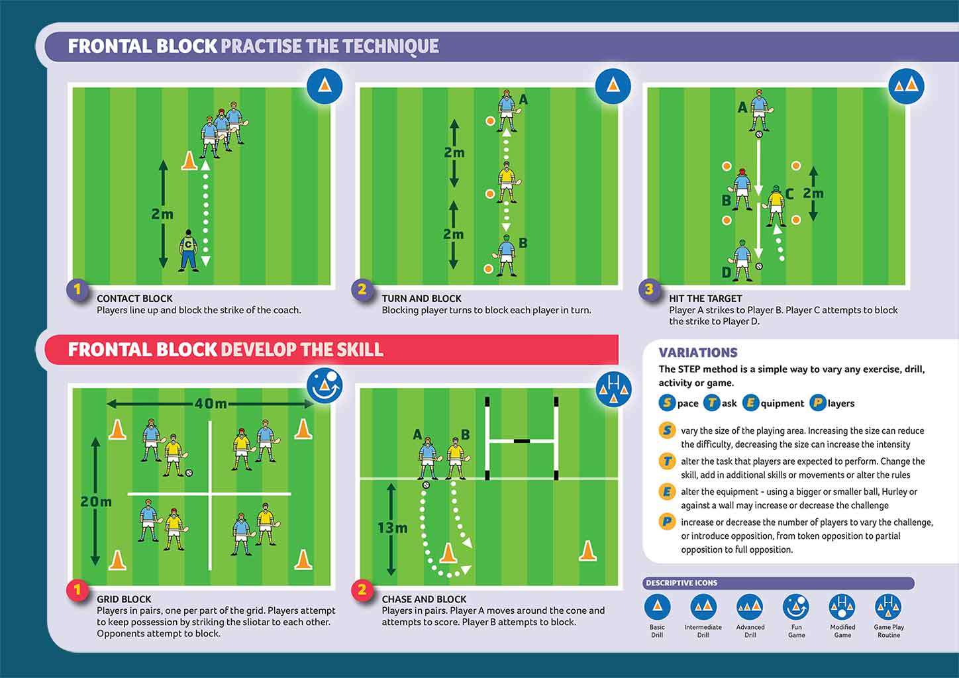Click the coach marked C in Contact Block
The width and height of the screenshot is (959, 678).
(x=189, y=250)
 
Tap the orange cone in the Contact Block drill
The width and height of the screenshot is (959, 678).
(x=189, y=161)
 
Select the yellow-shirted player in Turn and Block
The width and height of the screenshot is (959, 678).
(x=507, y=181)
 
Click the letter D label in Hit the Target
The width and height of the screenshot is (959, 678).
(x=727, y=272)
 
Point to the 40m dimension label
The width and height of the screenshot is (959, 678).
(x=211, y=403)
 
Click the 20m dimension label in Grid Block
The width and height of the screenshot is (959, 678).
(x=96, y=502)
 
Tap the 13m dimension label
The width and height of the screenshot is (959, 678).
(x=392, y=528)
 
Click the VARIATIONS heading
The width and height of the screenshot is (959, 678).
(x=697, y=353)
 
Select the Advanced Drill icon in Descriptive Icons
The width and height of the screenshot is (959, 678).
(x=750, y=606)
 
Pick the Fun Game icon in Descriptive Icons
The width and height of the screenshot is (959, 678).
(x=796, y=606)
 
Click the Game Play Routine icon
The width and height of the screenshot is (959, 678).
(x=888, y=606)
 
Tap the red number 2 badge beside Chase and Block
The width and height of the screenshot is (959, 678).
(x=362, y=590)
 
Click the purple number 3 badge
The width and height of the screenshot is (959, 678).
(x=649, y=289)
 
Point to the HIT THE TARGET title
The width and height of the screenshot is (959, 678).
(x=705, y=299)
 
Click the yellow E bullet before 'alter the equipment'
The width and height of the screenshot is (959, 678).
(x=667, y=492)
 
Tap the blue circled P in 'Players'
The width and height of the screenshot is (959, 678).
(x=817, y=403)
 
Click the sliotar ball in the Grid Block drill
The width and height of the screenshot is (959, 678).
(x=189, y=473)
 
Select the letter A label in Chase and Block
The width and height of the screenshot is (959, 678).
(x=417, y=434)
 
